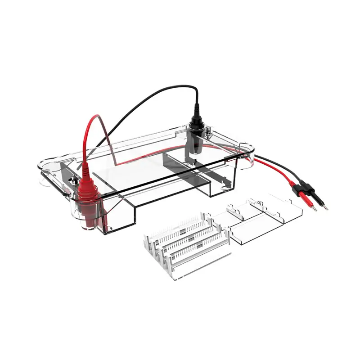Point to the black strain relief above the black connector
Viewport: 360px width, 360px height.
coord(197,110)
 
